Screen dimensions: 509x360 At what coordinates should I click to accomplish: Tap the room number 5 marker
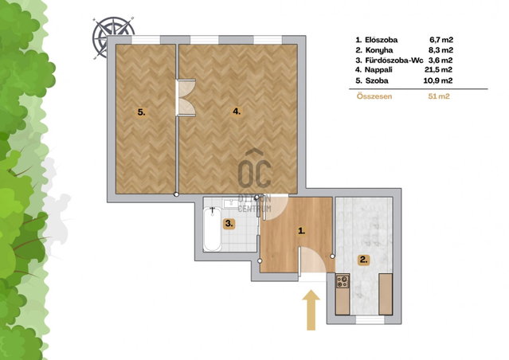141,112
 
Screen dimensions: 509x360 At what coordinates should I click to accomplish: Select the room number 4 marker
237,112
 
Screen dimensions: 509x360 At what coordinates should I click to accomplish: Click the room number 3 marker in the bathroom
229,224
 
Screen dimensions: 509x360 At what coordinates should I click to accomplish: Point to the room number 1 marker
302,231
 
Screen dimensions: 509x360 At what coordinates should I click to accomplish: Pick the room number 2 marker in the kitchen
363,260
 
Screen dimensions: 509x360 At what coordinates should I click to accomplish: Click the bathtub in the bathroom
213,229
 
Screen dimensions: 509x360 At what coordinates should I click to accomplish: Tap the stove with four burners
343,281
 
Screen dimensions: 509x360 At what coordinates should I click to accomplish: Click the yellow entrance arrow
311,311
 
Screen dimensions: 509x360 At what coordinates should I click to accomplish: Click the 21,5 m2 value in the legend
438,69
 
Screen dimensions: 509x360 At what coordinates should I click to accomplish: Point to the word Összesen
374,96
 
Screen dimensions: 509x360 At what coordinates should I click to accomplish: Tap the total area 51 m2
439,96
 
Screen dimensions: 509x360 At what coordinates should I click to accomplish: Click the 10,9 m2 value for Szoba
437,80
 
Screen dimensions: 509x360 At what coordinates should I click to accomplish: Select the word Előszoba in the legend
381,40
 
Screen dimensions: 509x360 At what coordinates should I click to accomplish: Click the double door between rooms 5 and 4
186,98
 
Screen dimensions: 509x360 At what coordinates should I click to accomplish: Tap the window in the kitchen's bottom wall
370,319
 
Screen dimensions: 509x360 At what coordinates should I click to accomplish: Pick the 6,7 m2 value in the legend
441,40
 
